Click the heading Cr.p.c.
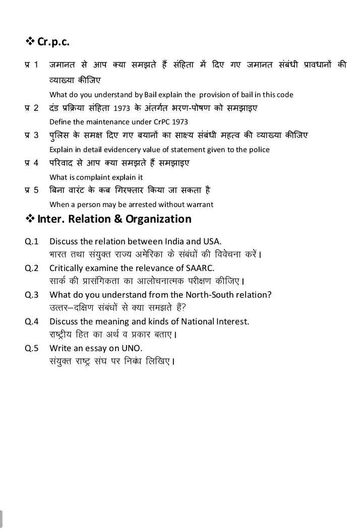[53, 42]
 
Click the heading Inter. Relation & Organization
[114, 219]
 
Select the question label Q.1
[32, 241]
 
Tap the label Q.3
[32, 295]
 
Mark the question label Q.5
[32, 348]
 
